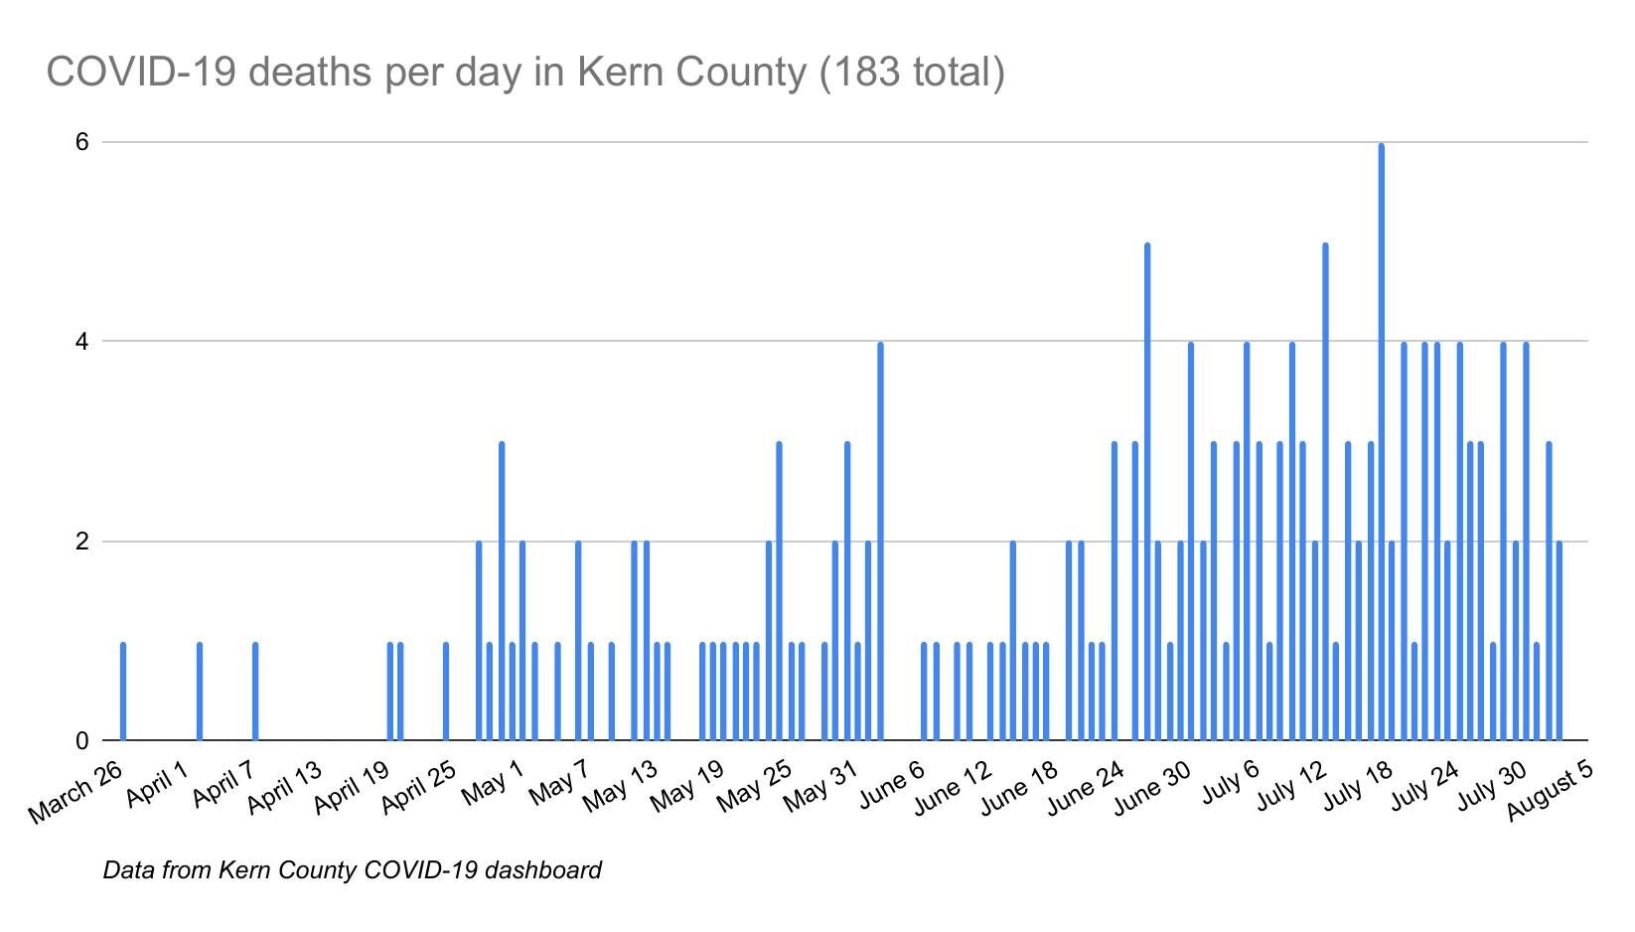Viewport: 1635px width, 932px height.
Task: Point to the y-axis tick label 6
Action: tap(82, 142)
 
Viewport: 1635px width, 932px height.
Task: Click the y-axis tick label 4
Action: tap(82, 342)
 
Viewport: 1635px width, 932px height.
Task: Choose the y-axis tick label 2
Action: tap(82, 542)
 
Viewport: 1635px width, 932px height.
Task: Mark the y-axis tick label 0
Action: tap(82, 741)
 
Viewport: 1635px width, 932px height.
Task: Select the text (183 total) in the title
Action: tap(913, 73)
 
